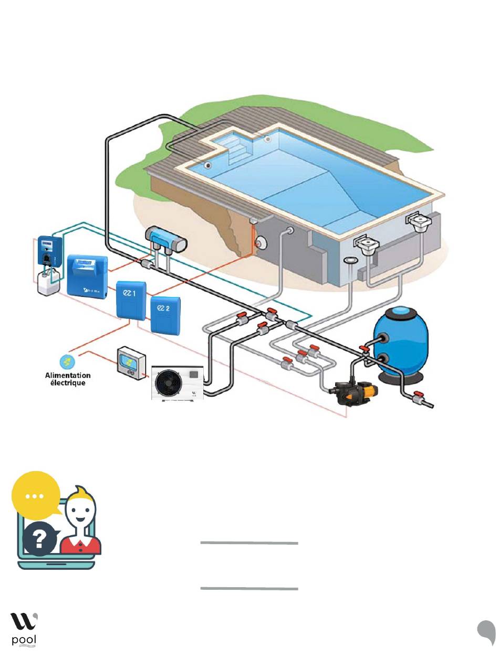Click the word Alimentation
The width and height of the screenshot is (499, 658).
67,376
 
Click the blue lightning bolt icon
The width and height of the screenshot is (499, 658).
67,362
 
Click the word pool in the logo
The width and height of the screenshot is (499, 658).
23,641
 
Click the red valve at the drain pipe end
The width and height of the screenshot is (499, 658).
419,395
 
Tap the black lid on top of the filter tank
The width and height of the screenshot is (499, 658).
401,311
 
